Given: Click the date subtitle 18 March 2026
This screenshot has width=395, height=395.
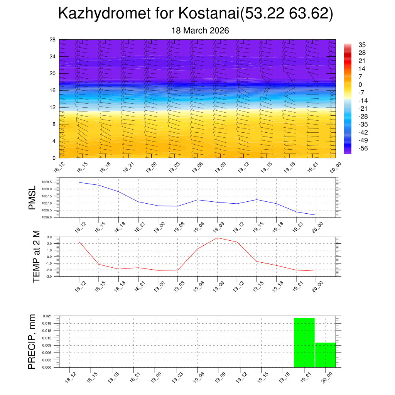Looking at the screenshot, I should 200,30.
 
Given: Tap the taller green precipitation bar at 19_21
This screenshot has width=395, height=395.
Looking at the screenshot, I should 304,343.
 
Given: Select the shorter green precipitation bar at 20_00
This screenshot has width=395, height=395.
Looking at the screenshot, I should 325,355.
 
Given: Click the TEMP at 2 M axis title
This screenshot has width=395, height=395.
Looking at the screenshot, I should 36,257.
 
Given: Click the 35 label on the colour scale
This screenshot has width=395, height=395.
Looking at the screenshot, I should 362,45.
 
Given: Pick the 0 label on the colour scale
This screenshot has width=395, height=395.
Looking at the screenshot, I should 360,85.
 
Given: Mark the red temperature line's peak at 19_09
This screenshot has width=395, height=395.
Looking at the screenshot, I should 217,238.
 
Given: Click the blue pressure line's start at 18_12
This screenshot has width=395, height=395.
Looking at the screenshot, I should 79,182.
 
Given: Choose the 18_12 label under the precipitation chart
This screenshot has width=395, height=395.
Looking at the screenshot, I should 70,377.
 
